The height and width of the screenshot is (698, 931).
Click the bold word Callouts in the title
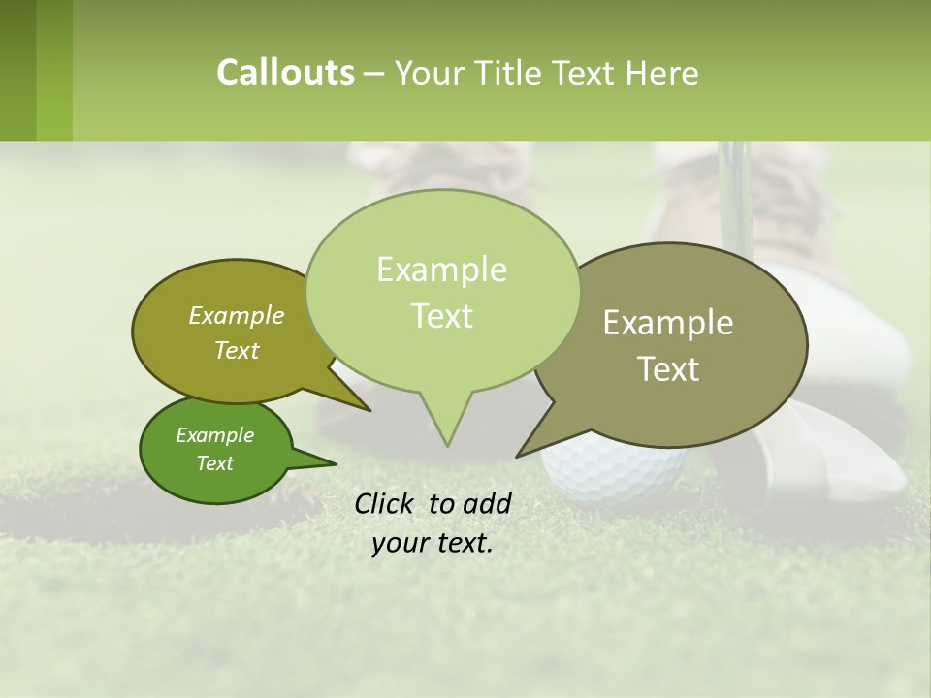[285, 74]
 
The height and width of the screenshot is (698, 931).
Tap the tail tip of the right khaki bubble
[520, 455]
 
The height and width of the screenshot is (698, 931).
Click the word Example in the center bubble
[441, 270]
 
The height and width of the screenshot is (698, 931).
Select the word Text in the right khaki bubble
[668, 369]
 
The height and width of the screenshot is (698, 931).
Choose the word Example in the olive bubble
[237, 316]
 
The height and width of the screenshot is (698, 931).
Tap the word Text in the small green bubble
[215, 463]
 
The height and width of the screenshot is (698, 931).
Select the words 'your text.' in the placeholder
[432, 544]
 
